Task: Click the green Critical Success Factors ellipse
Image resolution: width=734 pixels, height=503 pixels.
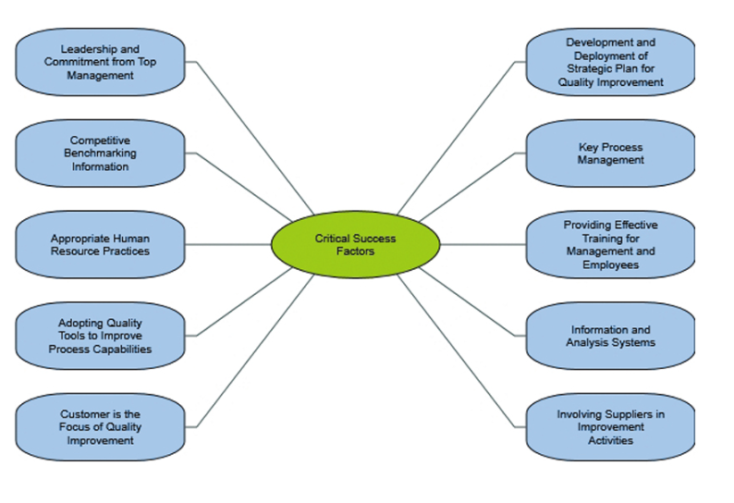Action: pos(355,244)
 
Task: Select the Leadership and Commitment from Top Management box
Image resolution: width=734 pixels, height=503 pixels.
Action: pos(100,61)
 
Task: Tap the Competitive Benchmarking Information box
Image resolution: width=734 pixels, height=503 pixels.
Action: pos(100,154)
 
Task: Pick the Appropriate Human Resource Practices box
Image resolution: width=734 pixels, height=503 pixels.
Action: pos(100,244)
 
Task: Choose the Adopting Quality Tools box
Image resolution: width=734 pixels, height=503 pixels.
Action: pos(100,336)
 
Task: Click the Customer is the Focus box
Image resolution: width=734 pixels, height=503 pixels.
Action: pos(100,426)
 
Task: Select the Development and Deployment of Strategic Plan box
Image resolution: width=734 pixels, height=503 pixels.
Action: pos(610,61)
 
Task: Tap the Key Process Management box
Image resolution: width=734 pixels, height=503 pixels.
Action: pos(610,154)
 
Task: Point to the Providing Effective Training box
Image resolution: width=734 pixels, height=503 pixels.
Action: pos(610,244)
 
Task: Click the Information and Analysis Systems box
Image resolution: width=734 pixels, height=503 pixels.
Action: pos(610,336)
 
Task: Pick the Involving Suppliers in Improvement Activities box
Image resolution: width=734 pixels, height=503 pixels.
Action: pos(610,426)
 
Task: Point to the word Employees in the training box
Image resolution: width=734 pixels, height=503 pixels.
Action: pos(610,264)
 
